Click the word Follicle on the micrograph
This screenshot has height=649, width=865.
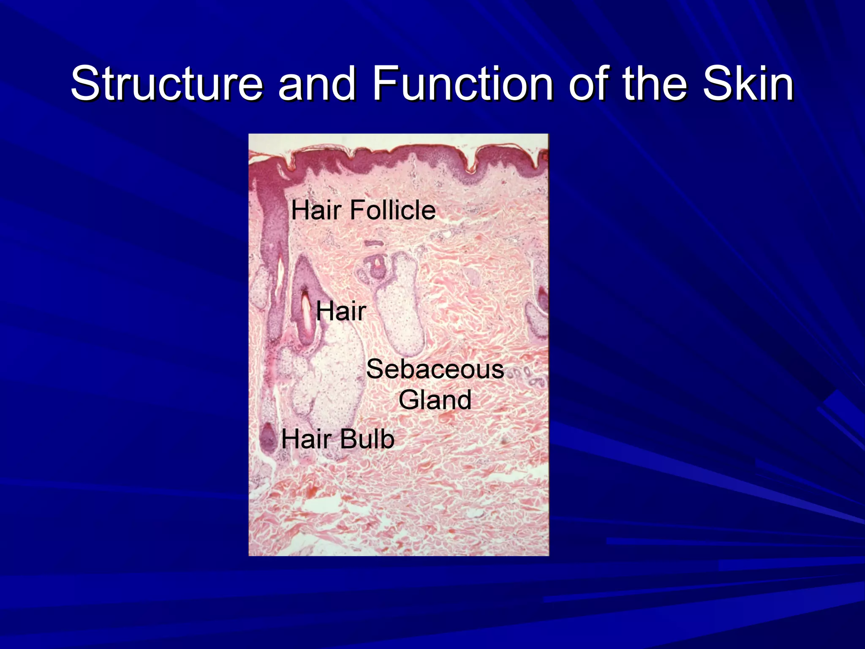point(393,210)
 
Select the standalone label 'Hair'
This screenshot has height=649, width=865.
point(341,311)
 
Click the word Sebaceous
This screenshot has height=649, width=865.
point(435,369)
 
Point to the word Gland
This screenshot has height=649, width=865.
point(435,400)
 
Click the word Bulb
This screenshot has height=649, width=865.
point(367,439)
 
